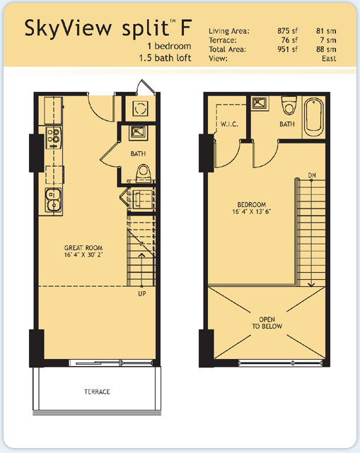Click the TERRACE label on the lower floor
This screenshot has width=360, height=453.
point(97,392)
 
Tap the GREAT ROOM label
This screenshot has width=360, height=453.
point(83,248)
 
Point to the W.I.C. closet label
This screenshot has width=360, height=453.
point(229,124)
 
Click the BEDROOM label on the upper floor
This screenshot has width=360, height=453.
point(252,204)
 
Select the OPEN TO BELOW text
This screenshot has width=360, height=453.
point(267,323)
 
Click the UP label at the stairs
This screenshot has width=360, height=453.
point(142,293)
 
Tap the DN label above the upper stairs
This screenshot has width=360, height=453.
point(312,175)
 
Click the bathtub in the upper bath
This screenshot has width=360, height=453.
point(314,118)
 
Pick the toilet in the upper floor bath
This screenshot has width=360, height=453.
point(289,105)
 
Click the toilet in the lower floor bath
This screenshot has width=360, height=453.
point(144,173)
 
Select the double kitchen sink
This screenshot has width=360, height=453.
point(53,200)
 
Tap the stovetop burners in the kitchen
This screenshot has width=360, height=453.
point(54,136)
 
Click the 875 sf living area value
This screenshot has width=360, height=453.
point(287,30)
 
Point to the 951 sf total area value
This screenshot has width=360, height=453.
point(287,49)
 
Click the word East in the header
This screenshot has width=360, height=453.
point(329,59)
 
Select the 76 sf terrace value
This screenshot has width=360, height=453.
point(289,40)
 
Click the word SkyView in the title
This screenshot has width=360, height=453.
point(68,28)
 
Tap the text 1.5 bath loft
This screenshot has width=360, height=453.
point(165,58)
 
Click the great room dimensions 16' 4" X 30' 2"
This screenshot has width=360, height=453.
point(83,255)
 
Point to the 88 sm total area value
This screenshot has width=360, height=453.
point(326,49)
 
